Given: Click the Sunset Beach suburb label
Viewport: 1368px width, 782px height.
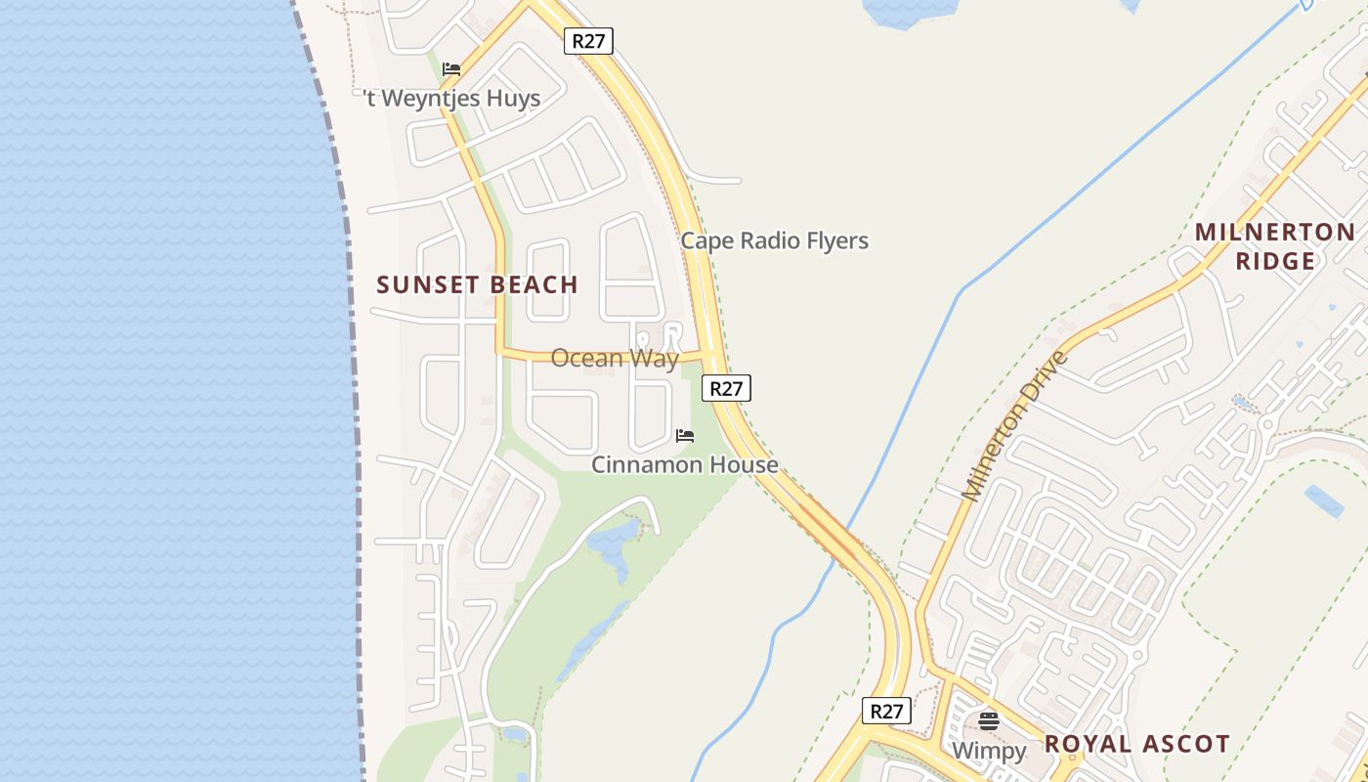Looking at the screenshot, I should click(477, 284).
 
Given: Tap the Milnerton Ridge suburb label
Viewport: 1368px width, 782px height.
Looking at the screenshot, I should click(1275, 246).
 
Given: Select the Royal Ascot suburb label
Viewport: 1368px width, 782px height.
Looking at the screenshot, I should click(1136, 744).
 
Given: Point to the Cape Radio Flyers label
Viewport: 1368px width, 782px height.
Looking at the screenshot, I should click(774, 240).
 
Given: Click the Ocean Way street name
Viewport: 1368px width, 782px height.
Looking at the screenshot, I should click(614, 358).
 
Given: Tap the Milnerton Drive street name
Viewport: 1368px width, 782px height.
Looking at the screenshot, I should click(1016, 426).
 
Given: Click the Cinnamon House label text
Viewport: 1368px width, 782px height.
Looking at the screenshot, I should click(684, 464).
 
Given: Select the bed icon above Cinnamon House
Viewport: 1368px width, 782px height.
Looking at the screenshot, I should click(685, 435).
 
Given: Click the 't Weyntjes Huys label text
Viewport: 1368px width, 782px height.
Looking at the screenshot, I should click(451, 99).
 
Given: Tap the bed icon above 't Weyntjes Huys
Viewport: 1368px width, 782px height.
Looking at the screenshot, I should click(450, 69).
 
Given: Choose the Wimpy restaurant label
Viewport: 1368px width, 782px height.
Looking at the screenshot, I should click(989, 751).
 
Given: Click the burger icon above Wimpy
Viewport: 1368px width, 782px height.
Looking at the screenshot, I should click(989, 721).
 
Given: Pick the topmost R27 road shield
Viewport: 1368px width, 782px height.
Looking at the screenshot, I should click(588, 41).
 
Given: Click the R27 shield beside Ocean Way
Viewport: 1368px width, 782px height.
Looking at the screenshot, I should click(726, 388).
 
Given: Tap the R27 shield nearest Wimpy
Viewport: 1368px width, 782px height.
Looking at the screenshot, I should click(886, 711).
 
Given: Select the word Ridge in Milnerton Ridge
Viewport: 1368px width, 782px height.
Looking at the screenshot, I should click(1275, 261).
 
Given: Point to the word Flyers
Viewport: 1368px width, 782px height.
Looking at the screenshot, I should click(834, 240).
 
